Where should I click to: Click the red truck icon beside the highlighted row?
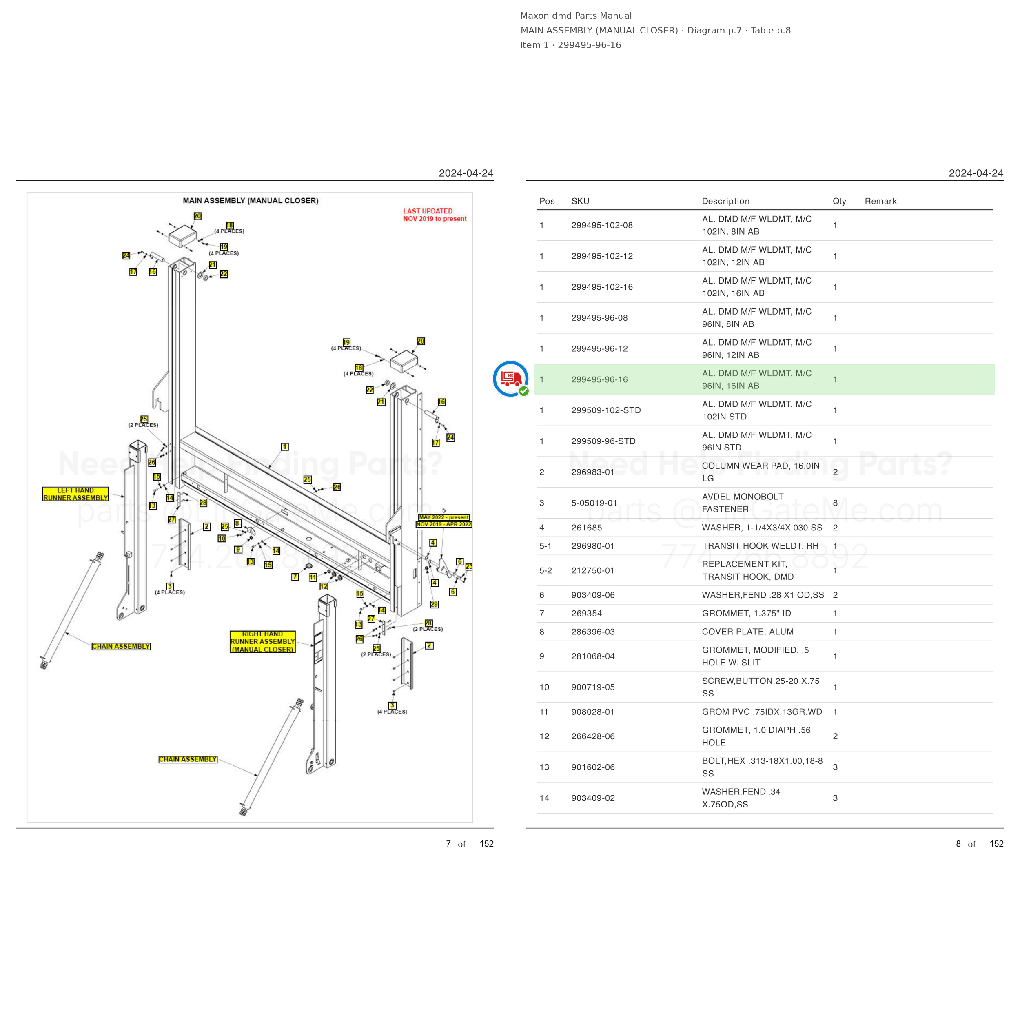pos(510,379)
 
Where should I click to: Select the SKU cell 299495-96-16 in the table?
pos(599,379)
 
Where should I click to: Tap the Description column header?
pos(725,201)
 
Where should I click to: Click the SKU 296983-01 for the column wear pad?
pos(592,472)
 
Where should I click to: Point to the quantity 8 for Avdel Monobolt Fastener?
pos(835,503)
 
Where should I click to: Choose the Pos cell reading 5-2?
pos(545,571)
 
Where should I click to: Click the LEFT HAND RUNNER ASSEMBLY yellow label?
pos(75,494)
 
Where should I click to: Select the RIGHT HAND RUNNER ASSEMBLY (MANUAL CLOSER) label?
pos(262,641)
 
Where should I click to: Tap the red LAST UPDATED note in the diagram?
pos(435,215)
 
